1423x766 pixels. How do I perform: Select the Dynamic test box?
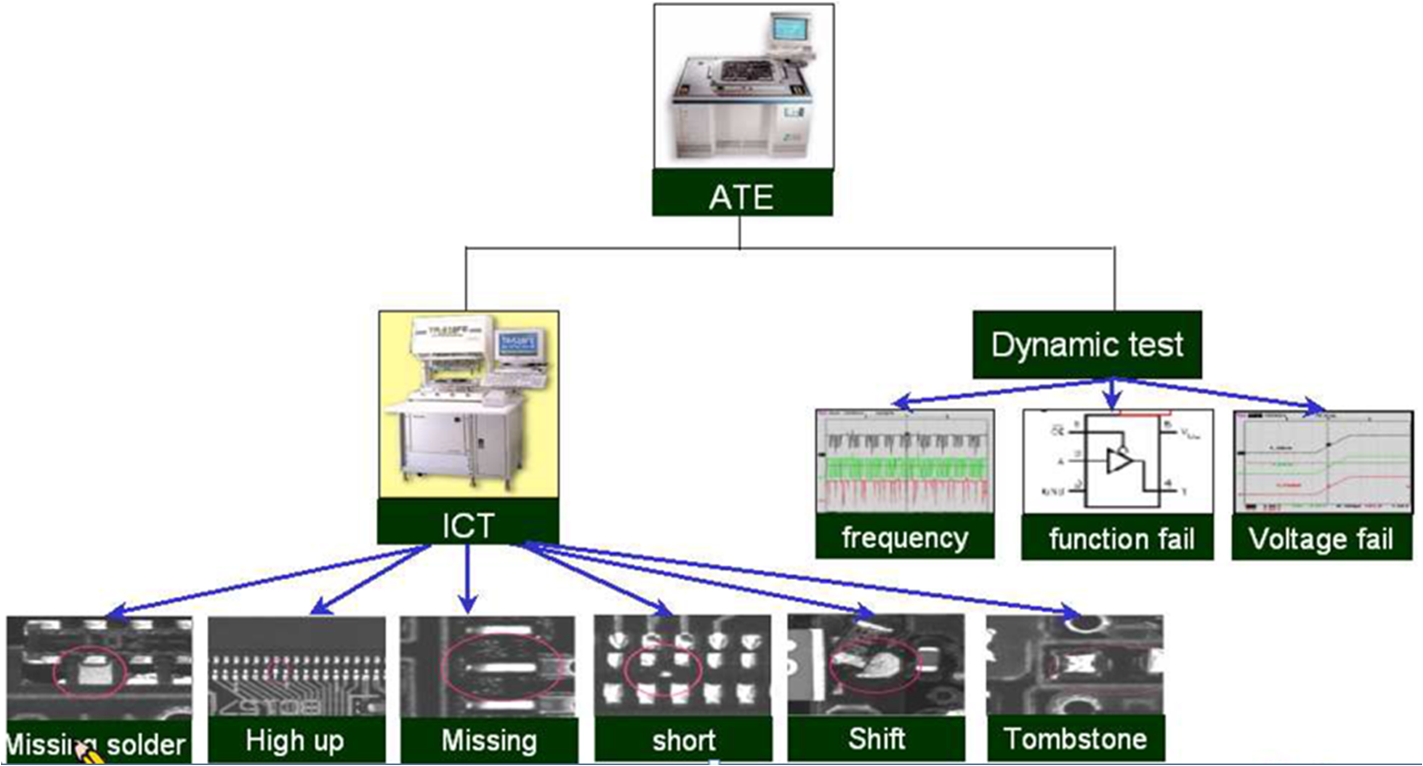(1088, 344)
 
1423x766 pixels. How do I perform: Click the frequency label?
(905, 538)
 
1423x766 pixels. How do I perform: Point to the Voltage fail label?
(1320, 539)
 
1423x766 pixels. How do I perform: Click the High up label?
(294, 740)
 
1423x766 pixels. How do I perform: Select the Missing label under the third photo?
(489, 740)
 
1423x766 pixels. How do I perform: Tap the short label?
(684, 740)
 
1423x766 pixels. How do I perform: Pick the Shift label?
(876, 740)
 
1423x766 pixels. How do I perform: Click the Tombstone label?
(1074, 739)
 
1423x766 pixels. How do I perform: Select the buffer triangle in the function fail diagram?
(1118, 461)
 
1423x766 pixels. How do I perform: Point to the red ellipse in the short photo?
(662, 668)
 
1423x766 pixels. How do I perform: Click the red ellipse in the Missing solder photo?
(90, 672)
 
